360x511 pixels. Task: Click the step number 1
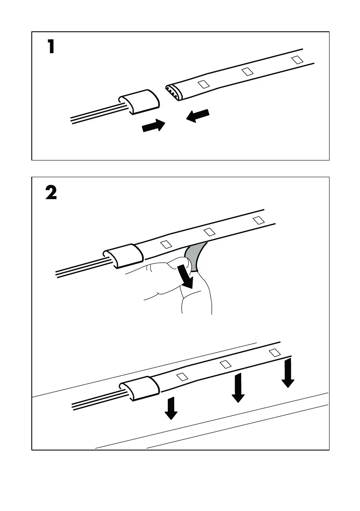pyautogui.click(x=51, y=47)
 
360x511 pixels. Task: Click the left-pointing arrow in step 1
pyautogui.click(x=198, y=115)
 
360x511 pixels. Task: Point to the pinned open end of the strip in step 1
pyautogui.click(x=172, y=91)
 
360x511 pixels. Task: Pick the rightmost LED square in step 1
pyautogui.click(x=296, y=59)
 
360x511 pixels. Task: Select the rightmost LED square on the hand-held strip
pyautogui.click(x=258, y=220)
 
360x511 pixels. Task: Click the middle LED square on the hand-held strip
pyautogui.click(x=209, y=232)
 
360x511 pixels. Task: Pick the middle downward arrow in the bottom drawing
pyautogui.click(x=238, y=387)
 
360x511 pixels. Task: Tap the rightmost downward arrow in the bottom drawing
pyautogui.click(x=288, y=372)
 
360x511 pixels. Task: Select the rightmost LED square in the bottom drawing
pyautogui.click(x=275, y=353)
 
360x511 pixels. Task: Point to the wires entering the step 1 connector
pyautogui.click(x=94, y=114)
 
